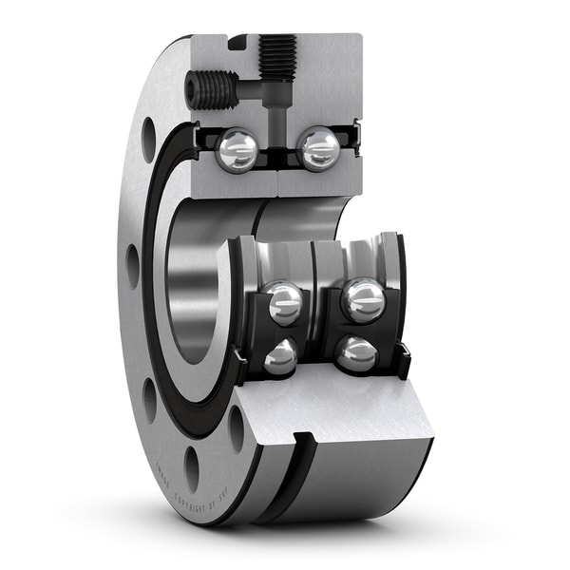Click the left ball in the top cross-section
236,150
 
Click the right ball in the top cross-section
318,148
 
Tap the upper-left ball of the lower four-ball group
283,303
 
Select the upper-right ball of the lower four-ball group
363,299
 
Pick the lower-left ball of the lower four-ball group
280,357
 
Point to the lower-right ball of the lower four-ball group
356,353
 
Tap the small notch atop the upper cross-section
237,41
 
